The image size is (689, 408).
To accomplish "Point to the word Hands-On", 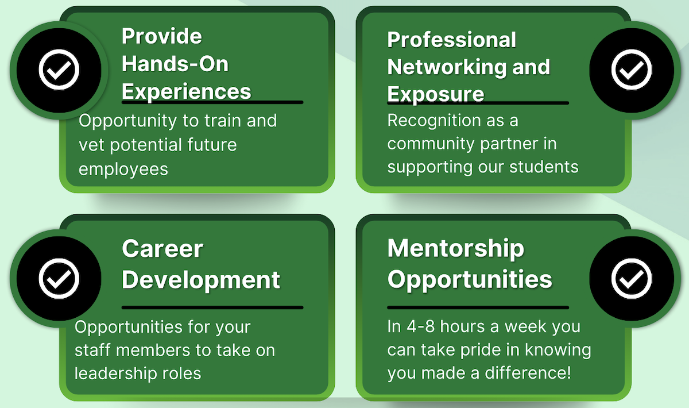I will click(175, 64).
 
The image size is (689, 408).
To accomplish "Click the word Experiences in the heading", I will click(187, 91).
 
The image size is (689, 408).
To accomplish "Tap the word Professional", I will click(452, 40).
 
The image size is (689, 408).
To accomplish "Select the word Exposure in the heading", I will click(436, 94).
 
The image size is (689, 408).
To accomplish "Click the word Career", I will click(162, 249).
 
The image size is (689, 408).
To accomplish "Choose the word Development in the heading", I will click(201, 280).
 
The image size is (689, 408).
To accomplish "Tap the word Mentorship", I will click(455, 249).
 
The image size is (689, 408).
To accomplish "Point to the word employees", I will click(123, 170).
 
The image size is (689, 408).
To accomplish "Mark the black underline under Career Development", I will click(212, 307).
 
